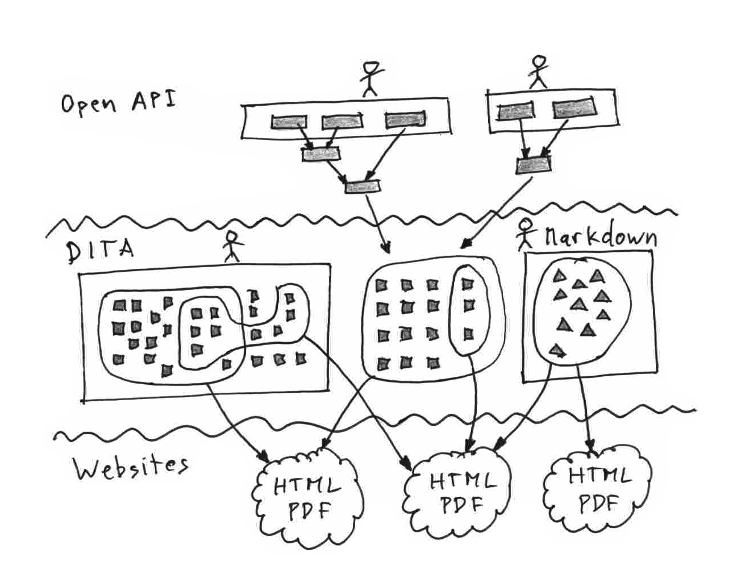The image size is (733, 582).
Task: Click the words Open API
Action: click(118, 103)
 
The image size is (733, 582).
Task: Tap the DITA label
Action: click(101, 251)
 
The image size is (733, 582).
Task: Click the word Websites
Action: click(131, 467)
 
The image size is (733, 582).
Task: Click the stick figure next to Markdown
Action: click(526, 233)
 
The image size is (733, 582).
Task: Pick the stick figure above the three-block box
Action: click(370, 78)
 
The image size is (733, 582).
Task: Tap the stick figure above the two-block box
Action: click(538, 72)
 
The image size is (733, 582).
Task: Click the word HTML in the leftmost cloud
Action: click(306, 486)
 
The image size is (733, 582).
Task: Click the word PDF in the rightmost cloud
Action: click(598, 502)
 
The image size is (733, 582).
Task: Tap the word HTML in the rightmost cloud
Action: click(600, 475)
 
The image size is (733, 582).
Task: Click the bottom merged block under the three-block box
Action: click(363, 186)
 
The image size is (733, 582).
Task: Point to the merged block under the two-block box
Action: click(534, 165)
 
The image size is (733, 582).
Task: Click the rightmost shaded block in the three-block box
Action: click(405, 120)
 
